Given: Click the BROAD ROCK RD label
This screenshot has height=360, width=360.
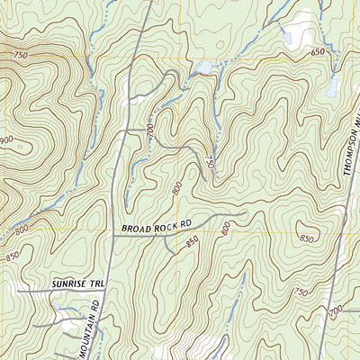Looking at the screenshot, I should (x=157, y=227).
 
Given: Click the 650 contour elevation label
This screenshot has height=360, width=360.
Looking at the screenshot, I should (x=318, y=53).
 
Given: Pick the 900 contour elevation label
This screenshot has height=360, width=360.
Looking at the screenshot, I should (x=6, y=140).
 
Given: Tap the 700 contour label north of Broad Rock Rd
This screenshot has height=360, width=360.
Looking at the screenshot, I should (x=149, y=132).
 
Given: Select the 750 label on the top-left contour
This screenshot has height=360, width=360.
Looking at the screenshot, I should (x=20, y=57).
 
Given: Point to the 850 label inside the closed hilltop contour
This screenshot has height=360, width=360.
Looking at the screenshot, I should (x=307, y=238).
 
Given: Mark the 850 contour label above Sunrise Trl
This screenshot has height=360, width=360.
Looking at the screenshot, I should (x=13, y=256).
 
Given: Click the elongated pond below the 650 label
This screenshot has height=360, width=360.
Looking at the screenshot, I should (x=333, y=85).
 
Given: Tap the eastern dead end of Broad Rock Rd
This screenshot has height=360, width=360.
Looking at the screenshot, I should (x=245, y=213).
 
